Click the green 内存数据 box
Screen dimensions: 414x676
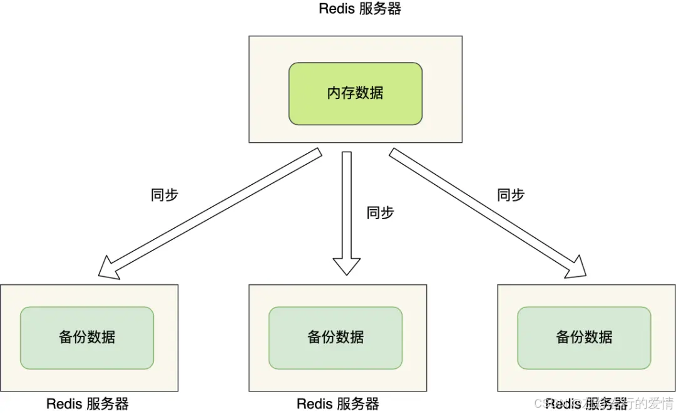tap(355, 93)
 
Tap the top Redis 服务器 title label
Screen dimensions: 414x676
tap(359, 9)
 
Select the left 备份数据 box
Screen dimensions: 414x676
tap(87, 338)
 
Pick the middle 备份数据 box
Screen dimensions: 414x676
tap(335, 338)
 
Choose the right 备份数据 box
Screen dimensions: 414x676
tap(584, 338)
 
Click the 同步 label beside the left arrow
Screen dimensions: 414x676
tap(165, 195)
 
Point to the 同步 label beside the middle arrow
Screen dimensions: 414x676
tap(380, 212)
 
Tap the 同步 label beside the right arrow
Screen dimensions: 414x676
tap(510, 195)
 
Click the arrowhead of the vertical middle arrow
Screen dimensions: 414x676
tap(347, 266)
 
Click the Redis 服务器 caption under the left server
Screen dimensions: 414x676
tap(87, 404)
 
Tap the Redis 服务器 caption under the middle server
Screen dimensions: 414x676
tap(337, 404)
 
